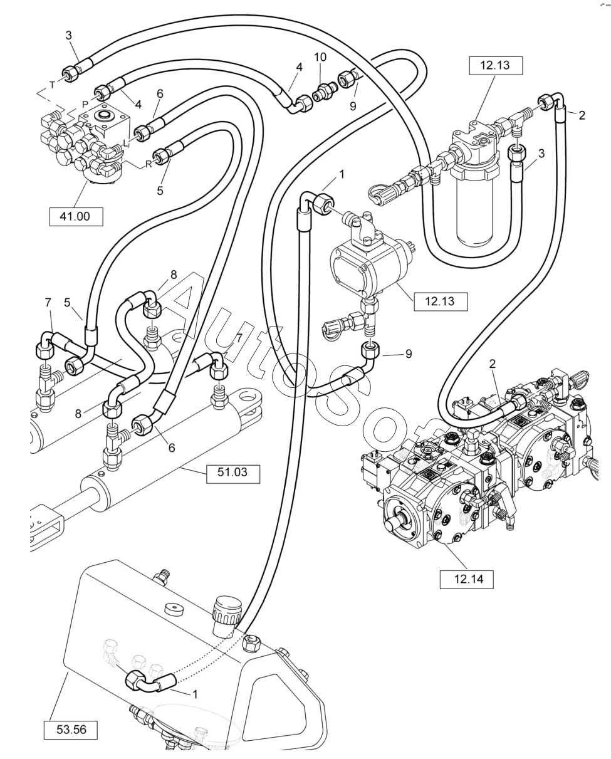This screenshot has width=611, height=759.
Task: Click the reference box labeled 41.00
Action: [75, 216]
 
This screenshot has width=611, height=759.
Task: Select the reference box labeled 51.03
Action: [232, 472]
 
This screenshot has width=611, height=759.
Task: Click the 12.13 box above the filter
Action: [495, 65]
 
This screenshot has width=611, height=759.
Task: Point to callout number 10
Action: [320, 57]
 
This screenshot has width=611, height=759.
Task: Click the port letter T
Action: [52, 85]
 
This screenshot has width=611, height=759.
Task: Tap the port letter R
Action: [149, 164]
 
